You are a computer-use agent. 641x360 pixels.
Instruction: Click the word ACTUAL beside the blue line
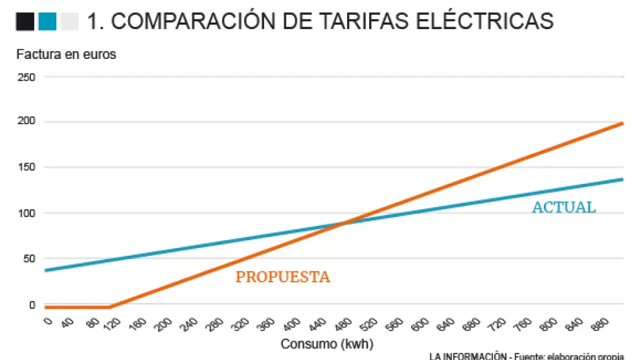point(563,208)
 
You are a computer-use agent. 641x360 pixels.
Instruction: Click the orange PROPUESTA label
point(283,277)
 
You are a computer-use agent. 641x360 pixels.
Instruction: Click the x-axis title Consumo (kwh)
point(327,344)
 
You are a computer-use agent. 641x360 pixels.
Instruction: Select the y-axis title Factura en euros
point(66,55)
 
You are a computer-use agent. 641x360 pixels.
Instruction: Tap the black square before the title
point(25,22)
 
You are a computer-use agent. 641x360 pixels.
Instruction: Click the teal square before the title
point(47,22)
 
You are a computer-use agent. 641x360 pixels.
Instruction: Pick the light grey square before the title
point(69,22)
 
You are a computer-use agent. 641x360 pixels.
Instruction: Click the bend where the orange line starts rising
point(110,307)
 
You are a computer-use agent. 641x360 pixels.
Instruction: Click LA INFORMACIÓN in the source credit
point(467,356)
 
